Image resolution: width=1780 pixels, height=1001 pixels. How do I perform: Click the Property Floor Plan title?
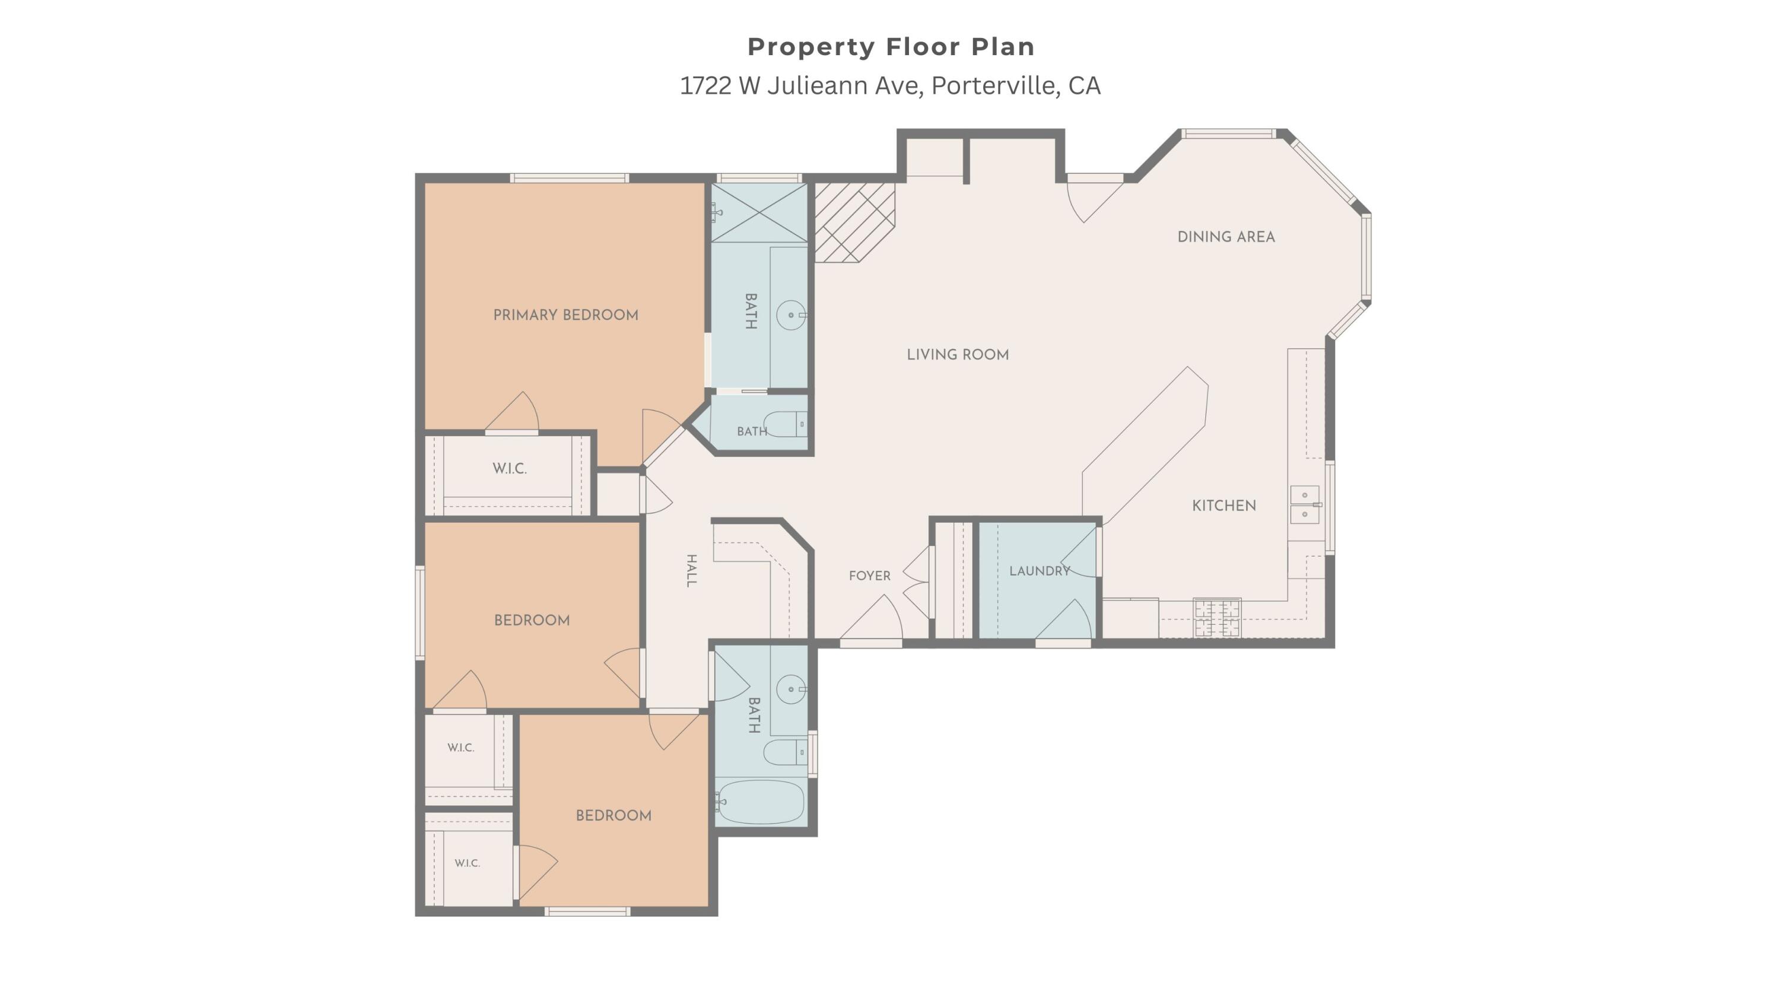[x=891, y=47]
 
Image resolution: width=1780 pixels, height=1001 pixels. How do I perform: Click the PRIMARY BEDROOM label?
[x=565, y=315]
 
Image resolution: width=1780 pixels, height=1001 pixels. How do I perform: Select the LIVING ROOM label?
[x=958, y=354]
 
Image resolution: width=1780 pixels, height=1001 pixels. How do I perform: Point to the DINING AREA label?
[x=1226, y=237]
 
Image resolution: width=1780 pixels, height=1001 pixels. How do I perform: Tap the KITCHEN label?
[x=1223, y=506]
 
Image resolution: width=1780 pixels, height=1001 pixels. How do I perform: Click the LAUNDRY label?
[x=1040, y=571]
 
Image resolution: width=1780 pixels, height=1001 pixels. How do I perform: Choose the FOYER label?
[x=869, y=576]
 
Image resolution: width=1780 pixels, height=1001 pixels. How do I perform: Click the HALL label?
[x=691, y=571]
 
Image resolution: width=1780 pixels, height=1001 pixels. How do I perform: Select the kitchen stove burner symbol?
[x=1217, y=618]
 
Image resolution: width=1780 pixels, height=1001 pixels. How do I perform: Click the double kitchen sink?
[x=1305, y=504]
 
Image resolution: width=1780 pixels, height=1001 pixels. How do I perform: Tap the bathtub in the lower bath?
[x=759, y=802]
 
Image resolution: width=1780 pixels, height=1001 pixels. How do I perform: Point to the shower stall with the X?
[x=759, y=213]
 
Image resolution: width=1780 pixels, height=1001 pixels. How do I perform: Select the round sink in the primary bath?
[x=790, y=315]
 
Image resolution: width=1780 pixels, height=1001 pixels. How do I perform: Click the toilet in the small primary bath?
[x=784, y=424]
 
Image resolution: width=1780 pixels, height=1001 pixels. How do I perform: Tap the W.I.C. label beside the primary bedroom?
[x=509, y=468]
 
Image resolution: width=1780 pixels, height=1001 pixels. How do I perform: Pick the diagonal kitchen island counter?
[x=1145, y=446]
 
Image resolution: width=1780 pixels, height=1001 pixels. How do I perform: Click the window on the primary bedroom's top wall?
[x=570, y=178]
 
